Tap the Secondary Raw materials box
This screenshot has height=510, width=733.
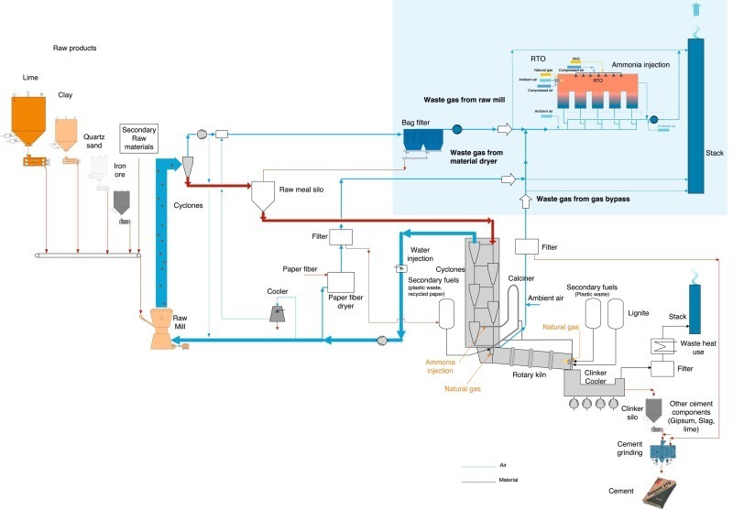point(139,137)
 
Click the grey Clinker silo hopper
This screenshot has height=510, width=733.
point(655,410)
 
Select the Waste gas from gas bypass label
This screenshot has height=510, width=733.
point(585,198)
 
